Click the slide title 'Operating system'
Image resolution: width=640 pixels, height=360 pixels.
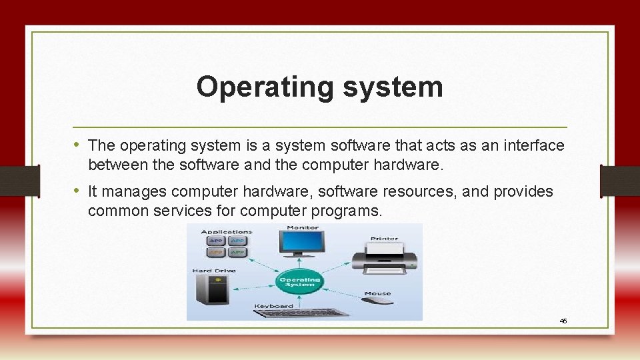pyautogui.click(x=319, y=87)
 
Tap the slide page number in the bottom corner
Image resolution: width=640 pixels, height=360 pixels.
pyautogui.click(x=563, y=321)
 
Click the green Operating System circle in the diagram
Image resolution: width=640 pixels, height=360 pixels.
pyautogui.click(x=299, y=281)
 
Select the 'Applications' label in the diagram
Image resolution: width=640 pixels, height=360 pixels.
pyautogui.click(x=223, y=231)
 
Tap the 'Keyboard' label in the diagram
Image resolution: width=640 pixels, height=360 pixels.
pyautogui.click(x=273, y=306)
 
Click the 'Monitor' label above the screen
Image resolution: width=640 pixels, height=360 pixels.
pyautogui.click(x=302, y=227)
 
